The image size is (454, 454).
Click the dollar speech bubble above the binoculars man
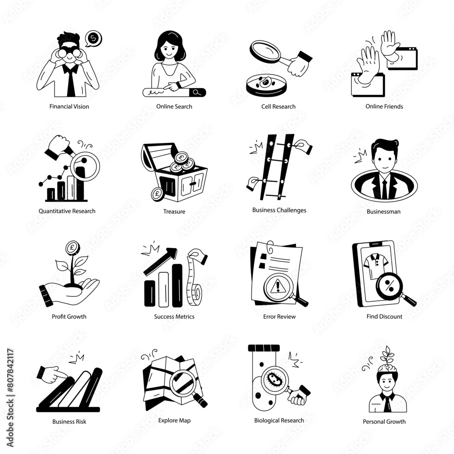[x=93, y=39]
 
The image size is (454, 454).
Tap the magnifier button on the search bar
[x=197, y=93]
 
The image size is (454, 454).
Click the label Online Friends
[x=384, y=107]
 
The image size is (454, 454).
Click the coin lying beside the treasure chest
[x=157, y=194]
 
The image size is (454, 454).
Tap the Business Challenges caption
[x=279, y=210]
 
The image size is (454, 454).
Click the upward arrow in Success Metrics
[x=160, y=262]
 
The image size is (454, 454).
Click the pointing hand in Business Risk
[x=53, y=375]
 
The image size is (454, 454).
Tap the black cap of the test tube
[x=264, y=348]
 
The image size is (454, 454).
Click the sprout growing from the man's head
[x=387, y=356]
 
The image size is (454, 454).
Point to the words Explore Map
[x=174, y=421]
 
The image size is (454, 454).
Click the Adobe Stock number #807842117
[x=10, y=370]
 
